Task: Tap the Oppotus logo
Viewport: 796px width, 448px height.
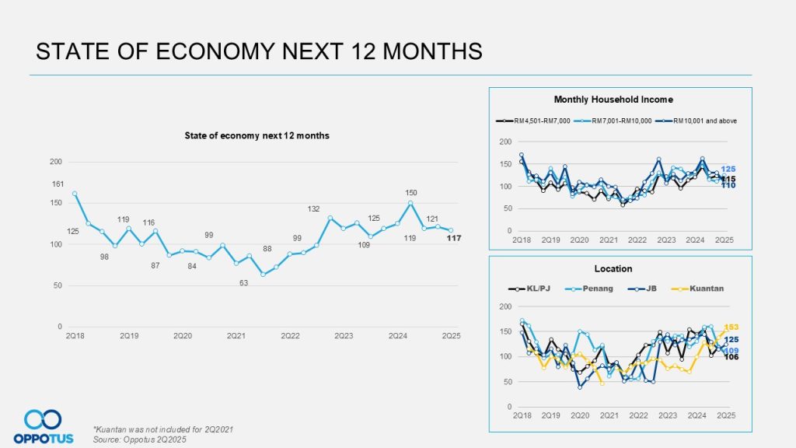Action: [43, 427]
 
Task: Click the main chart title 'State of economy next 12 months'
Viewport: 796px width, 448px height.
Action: [257, 135]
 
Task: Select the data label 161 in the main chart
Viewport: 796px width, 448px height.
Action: [58, 184]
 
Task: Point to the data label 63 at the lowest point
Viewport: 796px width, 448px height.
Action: [243, 283]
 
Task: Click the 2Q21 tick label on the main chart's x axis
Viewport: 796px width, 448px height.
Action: [236, 335]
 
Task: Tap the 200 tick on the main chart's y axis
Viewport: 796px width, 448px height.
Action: [56, 162]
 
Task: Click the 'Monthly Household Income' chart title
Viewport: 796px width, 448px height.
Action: [613, 100]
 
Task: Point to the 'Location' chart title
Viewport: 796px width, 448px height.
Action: [613, 268]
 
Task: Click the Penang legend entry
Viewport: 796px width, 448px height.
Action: [597, 288]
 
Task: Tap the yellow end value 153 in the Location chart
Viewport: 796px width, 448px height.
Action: [731, 327]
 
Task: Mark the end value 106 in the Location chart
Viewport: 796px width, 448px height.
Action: [731, 357]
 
